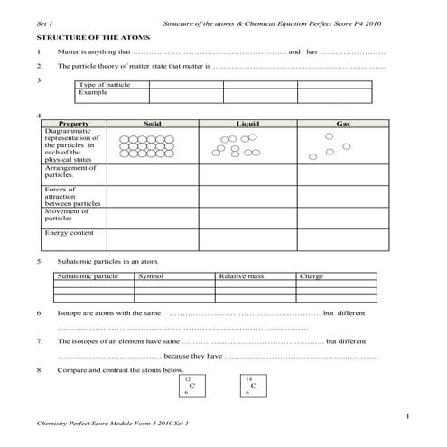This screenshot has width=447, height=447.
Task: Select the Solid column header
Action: (x=152, y=123)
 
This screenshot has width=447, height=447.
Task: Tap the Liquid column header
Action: (x=247, y=123)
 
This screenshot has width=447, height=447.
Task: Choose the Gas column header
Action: (x=342, y=123)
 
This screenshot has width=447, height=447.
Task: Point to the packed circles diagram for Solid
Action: (x=140, y=145)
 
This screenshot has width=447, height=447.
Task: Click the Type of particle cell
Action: (x=99, y=85)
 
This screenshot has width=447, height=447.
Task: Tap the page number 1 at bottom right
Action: (x=408, y=415)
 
